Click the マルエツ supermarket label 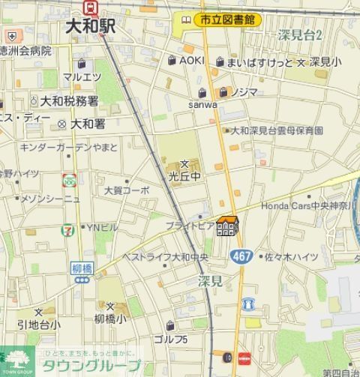[x=82, y=76]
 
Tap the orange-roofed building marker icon [x=226, y=226]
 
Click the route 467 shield [x=241, y=256]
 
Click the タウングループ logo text [x=103, y=367]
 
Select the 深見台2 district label [x=299, y=35]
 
